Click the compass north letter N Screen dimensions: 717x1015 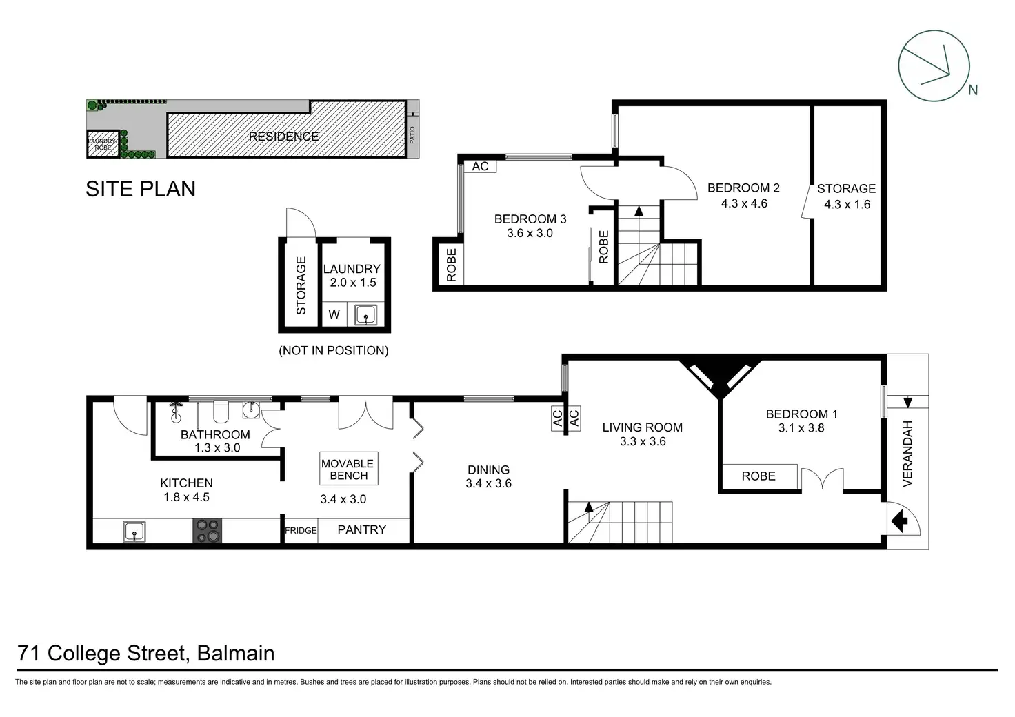pyautogui.click(x=972, y=90)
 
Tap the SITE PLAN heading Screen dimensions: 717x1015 pyautogui.click(x=141, y=189)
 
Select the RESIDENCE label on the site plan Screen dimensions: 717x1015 pyautogui.click(x=283, y=137)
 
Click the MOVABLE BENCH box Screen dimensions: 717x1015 pyautogui.click(x=348, y=469)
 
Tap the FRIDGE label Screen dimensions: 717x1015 pyautogui.click(x=301, y=530)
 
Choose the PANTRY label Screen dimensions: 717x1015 pyautogui.click(x=361, y=529)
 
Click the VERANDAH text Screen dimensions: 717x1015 pyautogui.click(x=907, y=453)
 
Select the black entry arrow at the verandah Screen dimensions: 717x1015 pyautogui.click(x=902, y=522)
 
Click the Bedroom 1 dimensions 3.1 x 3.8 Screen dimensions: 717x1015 pyautogui.click(x=801, y=428)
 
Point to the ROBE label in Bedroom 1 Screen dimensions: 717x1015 pyautogui.click(x=758, y=476)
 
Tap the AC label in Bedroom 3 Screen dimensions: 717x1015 pyautogui.click(x=480, y=166)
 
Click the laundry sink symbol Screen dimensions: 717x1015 pyautogui.click(x=365, y=315)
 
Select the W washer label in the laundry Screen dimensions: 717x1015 pyautogui.click(x=334, y=314)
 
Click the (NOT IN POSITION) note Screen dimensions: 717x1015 pyautogui.click(x=333, y=350)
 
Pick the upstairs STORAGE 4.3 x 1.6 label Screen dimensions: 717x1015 pyautogui.click(x=847, y=196)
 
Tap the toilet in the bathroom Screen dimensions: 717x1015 pyautogui.click(x=221, y=412)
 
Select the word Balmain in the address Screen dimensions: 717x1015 pyautogui.click(x=236, y=653)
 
